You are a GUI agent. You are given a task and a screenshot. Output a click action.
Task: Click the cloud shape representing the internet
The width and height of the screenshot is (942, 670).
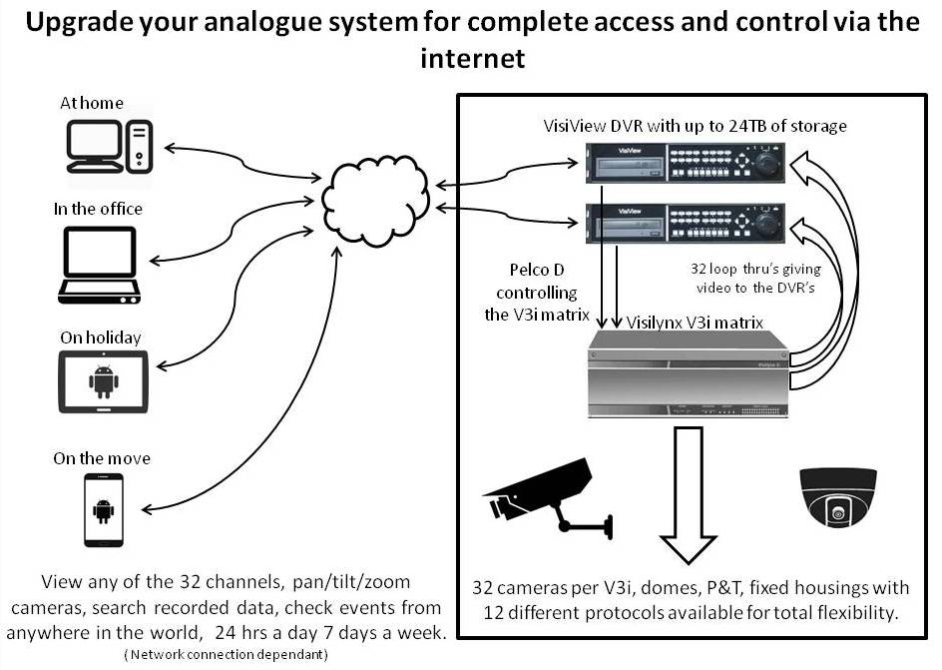[x=375, y=196]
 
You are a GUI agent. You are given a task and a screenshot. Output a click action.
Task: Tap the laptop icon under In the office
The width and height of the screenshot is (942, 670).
[x=99, y=265]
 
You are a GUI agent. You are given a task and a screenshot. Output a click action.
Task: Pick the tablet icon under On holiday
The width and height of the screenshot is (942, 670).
[x=103, y=380]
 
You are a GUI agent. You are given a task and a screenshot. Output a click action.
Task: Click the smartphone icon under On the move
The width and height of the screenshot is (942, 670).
[x=103, y=509]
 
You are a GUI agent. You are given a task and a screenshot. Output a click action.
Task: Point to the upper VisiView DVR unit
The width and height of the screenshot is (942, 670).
[x=686, y=162]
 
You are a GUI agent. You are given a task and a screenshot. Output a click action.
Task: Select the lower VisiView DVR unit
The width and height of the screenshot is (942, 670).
[x=686, y=222]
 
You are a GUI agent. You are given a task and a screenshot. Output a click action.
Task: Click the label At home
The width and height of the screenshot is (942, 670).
[x=92, y=102]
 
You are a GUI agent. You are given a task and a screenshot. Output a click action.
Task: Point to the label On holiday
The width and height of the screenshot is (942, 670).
[x=101, y=337]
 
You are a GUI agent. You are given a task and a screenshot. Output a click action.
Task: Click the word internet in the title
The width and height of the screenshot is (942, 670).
[x=472, y=58]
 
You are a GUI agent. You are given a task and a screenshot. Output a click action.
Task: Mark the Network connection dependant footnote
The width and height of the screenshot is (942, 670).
[x=227, y=654]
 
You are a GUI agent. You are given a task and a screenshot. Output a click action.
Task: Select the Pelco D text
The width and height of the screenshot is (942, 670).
[x=537, y=272]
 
